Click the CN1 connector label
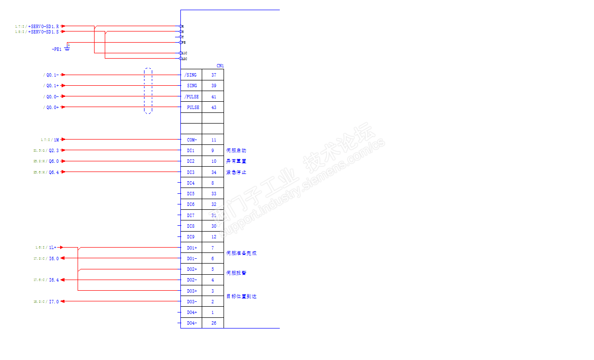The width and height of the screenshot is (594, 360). point(220,66)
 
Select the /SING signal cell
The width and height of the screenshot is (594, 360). point(191,75)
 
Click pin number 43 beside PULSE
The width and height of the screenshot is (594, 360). point(213,108)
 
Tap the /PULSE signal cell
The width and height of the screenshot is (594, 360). point(191,97)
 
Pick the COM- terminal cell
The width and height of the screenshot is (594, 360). point(192,140)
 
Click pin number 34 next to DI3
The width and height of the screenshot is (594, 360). point(213,172)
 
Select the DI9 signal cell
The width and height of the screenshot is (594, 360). point(191,237)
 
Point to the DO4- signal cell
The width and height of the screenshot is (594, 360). point(192,323)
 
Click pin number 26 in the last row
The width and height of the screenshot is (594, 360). point(213,323)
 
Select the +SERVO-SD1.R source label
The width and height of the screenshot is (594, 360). point(45,26)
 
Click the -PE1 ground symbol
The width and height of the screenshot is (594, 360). point(67,48)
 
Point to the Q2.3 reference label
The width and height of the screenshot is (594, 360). point(53,151)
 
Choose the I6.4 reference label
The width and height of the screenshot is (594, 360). point(54,280)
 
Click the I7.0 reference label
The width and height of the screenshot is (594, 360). point(54,302)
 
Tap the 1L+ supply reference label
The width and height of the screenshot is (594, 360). point(53,248)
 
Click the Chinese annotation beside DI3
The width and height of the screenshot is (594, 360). point(236,172)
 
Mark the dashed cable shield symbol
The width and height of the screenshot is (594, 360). point(148,91)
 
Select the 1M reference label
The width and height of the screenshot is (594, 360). point(56,140)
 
